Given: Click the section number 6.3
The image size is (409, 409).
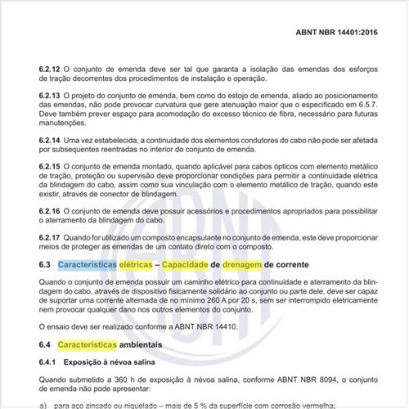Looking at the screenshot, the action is [x=45, y=267].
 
